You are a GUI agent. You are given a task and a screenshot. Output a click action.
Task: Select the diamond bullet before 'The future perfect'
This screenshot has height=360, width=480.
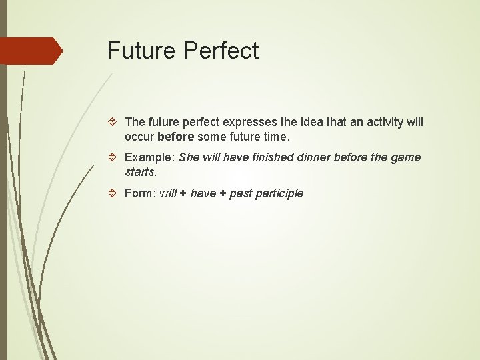point(113,122)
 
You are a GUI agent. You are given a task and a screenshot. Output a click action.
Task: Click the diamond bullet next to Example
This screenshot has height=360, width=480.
point(113,157)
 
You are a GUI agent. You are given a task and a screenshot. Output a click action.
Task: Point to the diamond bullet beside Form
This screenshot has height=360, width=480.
point(113,193)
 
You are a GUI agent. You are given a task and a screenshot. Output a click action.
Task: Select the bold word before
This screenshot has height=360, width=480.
point(176,137)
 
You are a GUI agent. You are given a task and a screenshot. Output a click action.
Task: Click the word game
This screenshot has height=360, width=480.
point(407,157)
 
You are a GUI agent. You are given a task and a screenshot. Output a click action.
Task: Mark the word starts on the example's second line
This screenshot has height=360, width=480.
point(141,172)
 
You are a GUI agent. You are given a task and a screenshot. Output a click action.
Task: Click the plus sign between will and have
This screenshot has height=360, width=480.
point(183,193)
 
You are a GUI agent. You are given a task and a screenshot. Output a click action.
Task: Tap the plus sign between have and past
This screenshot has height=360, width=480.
point(223,193)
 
